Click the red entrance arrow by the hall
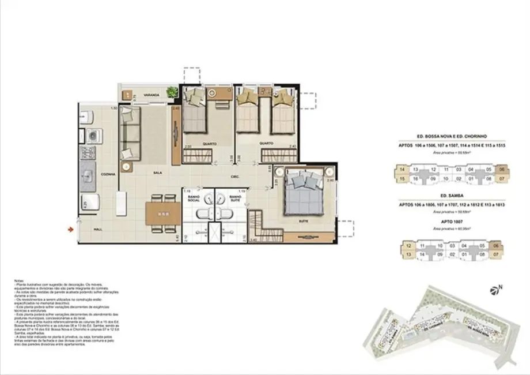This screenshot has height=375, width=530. pos(71,231)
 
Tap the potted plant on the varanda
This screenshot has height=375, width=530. pos(171,91)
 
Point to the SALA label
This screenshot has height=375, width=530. pos(156,172)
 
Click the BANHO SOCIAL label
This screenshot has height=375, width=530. pos(193,199)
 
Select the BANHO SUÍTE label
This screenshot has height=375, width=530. pos(234,199)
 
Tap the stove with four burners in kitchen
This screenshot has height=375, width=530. pos(88,153)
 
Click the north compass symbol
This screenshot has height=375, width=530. pos(494,289)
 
